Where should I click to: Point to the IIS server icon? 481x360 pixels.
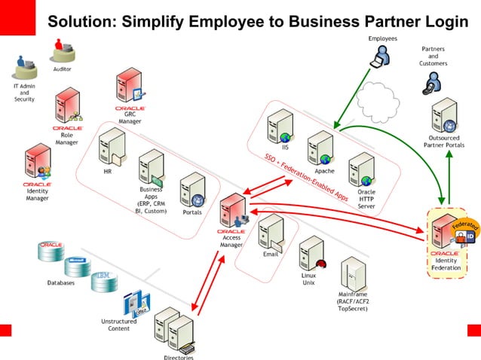[283, 125]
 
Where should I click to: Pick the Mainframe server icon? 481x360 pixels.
[353, 277]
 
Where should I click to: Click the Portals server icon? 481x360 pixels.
[191, 192]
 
